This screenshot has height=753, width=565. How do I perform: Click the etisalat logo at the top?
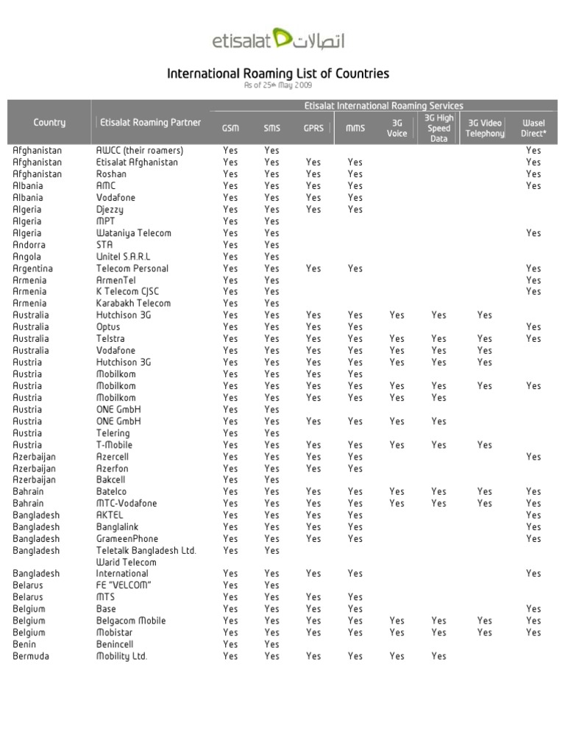(x=278, y=40)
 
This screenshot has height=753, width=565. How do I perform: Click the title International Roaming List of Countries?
(x=278, y=74)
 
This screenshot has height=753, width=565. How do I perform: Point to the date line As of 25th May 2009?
(x=278, y=85)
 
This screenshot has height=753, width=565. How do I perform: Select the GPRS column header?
(x=313, y=128)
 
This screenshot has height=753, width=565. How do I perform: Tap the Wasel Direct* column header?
(x=533, y=128)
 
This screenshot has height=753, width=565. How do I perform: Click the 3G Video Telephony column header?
(x=485, y=128)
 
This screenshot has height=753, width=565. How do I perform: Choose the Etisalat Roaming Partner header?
(x=150, y=122)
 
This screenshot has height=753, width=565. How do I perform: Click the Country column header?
(x=49, y=122)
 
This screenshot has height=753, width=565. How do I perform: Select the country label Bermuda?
(x=31, y=656)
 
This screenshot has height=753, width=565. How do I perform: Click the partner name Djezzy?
(x=110, y=210)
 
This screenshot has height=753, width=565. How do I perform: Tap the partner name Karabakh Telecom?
(x=133, y=303)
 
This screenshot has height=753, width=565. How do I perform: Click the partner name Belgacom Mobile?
(x=131, y=621)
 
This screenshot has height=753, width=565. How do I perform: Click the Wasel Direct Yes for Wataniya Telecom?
(x=533, y=233)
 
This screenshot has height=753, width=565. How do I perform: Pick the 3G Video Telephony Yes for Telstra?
(x=485, y=339)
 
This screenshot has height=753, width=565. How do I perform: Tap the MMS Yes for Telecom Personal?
(x=355, y=268)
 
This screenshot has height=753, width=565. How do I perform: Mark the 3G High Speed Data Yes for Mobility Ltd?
(x=438, y=656)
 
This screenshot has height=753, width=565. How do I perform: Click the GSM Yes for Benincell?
(x=230, y=644)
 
